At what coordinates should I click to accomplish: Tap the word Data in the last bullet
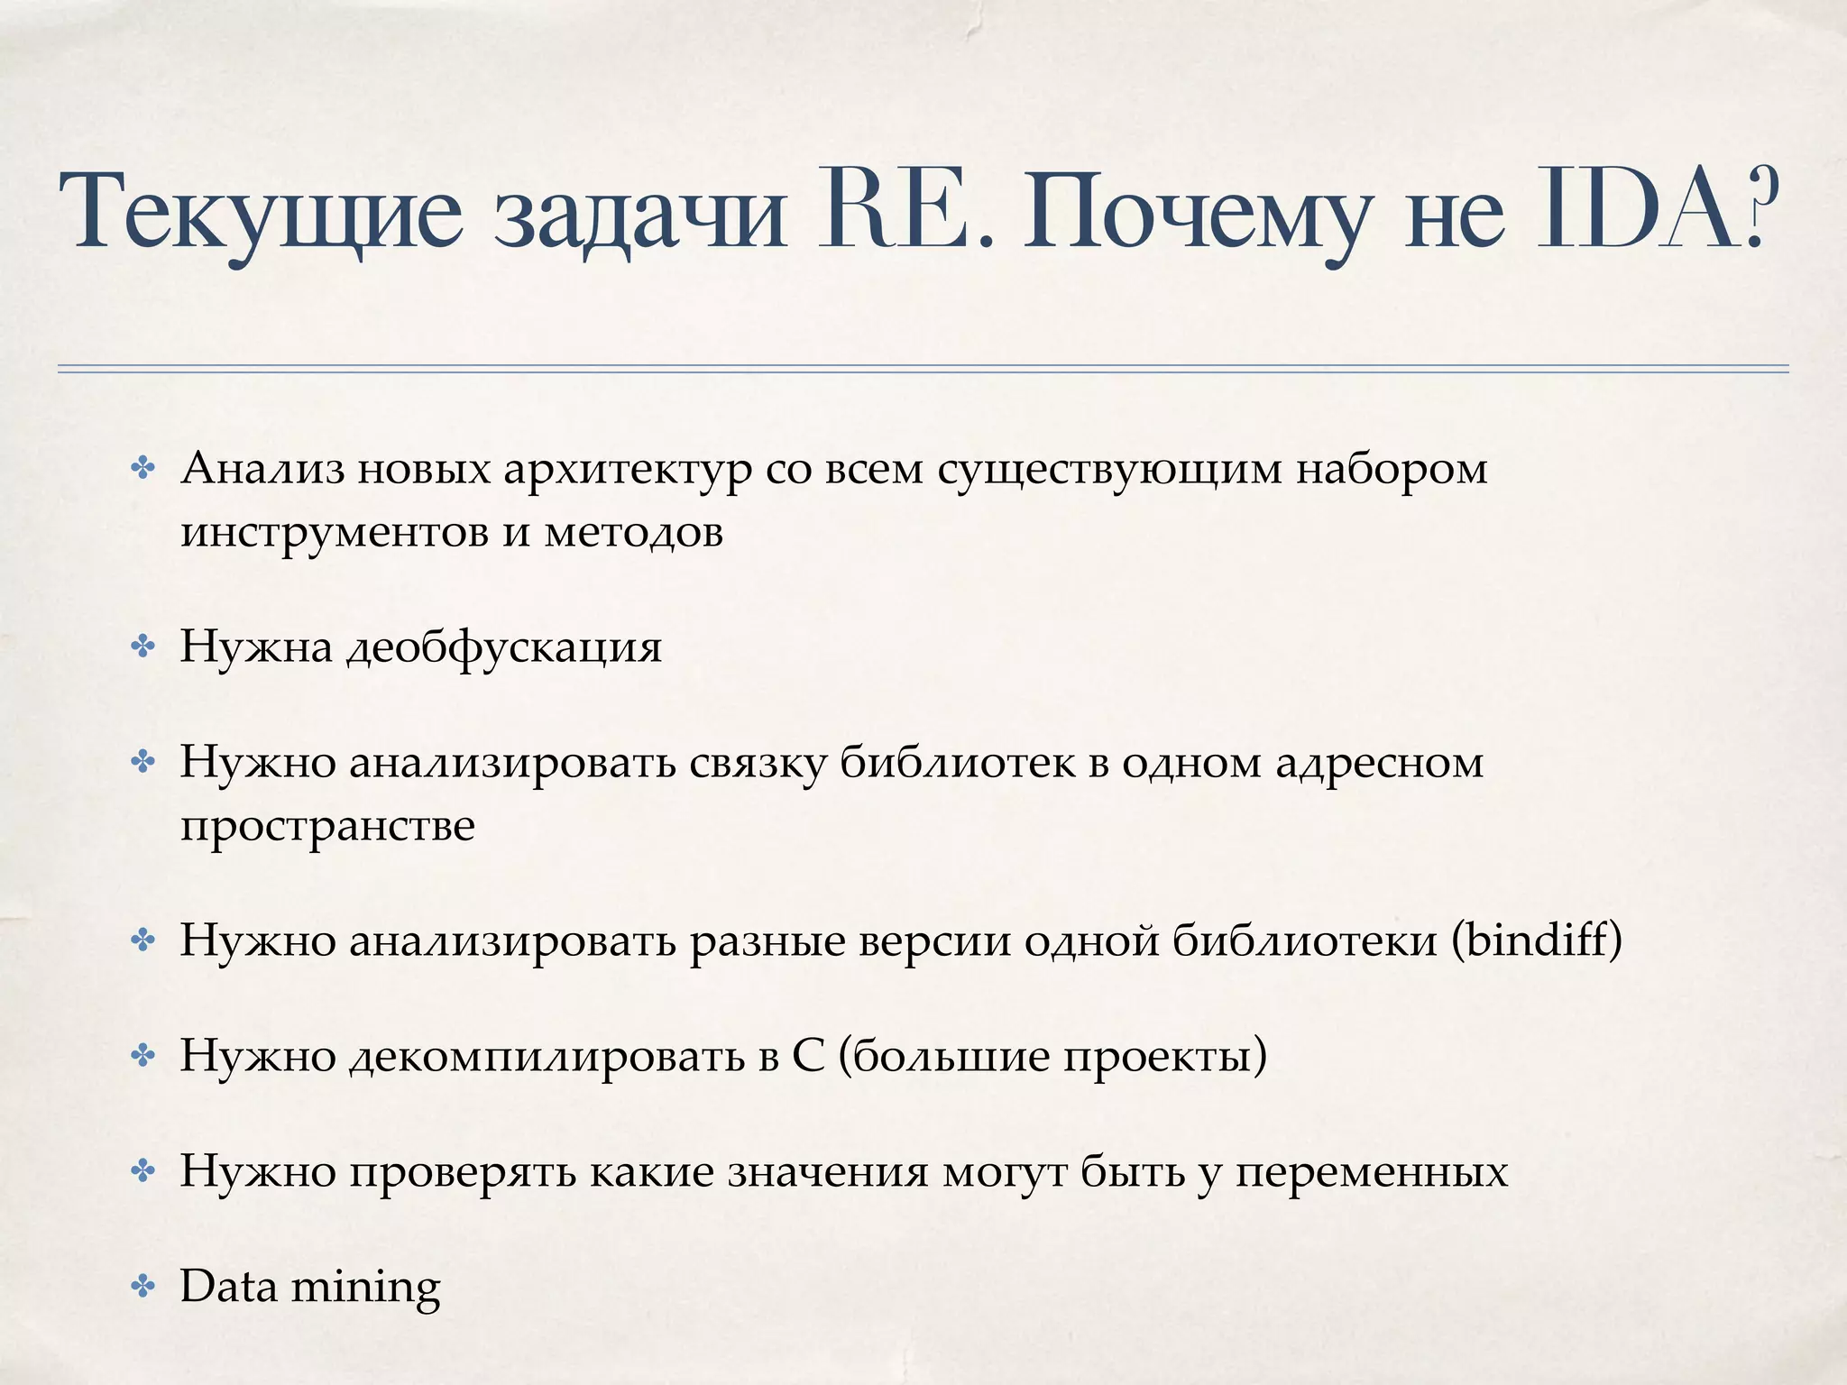pos(229,1286)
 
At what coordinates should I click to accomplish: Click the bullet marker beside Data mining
pos(142,1287)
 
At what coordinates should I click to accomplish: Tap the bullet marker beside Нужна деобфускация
pos(142,647)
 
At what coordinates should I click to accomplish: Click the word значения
pos(828,1173)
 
